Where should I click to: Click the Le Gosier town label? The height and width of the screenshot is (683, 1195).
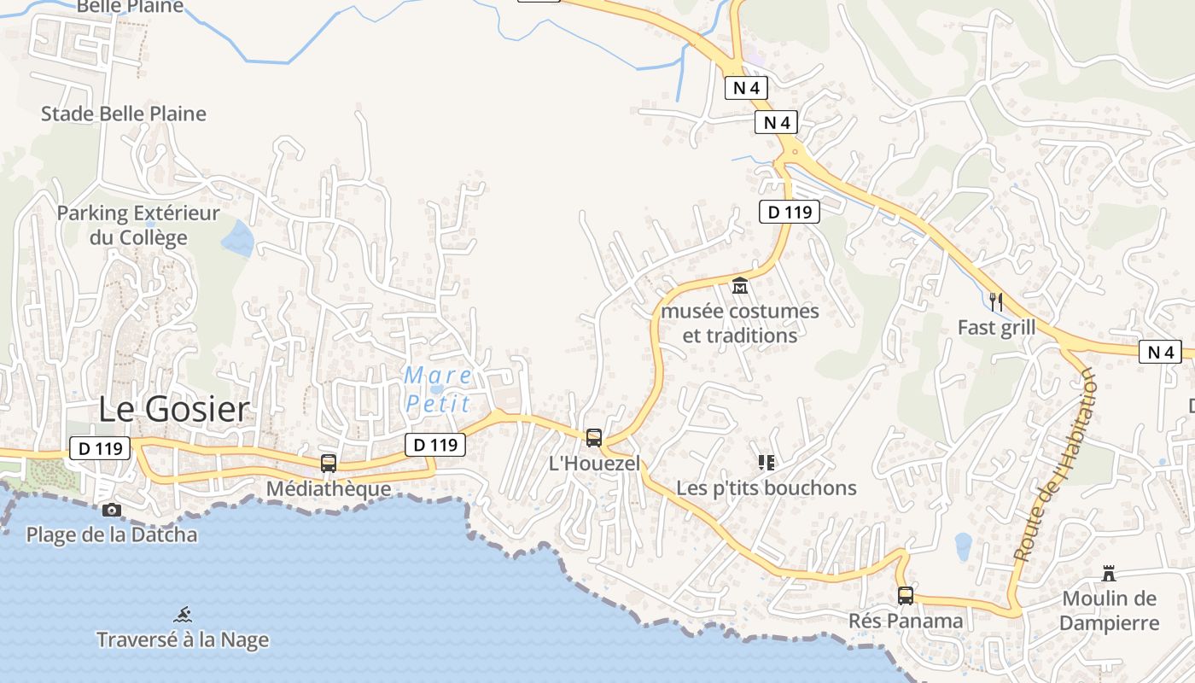174,410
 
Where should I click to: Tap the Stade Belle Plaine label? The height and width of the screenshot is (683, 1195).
124,114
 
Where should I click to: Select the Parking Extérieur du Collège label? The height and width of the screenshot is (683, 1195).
138,225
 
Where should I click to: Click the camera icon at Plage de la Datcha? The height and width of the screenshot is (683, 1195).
111,511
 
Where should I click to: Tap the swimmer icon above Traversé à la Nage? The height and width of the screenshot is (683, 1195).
183,615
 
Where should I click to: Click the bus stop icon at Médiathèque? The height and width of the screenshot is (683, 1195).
329,464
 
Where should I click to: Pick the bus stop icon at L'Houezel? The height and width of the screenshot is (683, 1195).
594,438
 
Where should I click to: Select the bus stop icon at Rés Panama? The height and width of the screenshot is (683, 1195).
906,595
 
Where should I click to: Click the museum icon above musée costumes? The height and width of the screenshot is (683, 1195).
740,286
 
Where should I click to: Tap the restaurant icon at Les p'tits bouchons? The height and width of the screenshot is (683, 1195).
766,463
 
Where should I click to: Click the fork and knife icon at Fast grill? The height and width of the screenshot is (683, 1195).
995,301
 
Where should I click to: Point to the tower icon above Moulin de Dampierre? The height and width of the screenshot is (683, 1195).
1109,573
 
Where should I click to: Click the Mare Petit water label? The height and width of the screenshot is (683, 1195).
439,388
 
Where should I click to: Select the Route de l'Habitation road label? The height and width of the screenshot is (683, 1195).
1053,465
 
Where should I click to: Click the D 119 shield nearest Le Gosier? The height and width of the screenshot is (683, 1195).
99,447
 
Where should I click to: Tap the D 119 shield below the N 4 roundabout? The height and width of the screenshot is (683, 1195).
790,211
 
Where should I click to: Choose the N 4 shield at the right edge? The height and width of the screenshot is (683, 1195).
1161,351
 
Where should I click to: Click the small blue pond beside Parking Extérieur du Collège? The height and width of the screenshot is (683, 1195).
238,238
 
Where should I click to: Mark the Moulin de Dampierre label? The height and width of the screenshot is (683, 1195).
1109,610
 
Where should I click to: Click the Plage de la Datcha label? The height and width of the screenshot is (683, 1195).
112,535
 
